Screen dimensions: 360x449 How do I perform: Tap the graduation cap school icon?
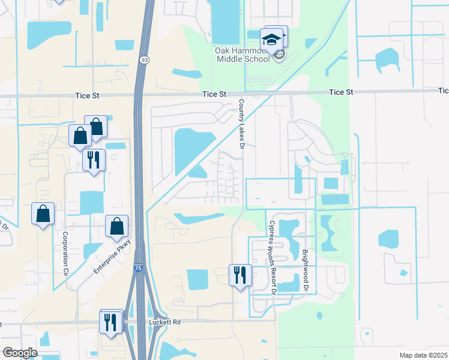(x=271, y=40)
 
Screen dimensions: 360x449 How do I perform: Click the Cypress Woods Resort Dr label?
(x=271, y=257)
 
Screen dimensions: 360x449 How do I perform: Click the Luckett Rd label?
(x=164, y=322)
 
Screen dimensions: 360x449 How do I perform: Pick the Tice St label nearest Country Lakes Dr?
(x=214, y=94)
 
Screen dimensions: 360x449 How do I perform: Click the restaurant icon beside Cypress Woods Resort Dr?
(x=240, y=275)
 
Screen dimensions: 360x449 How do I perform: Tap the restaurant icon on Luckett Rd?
(x=110, y=322)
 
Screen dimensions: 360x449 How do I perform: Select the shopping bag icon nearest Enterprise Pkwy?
(x=117, y=227)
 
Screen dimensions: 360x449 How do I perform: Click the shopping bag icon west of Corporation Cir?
(x=43, y=214)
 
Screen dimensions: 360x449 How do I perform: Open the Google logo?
(x=20, y=353)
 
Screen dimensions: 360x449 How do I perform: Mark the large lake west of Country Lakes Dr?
(x=193, y=149)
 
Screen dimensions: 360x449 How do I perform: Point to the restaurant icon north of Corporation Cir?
(x=93, y=160)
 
